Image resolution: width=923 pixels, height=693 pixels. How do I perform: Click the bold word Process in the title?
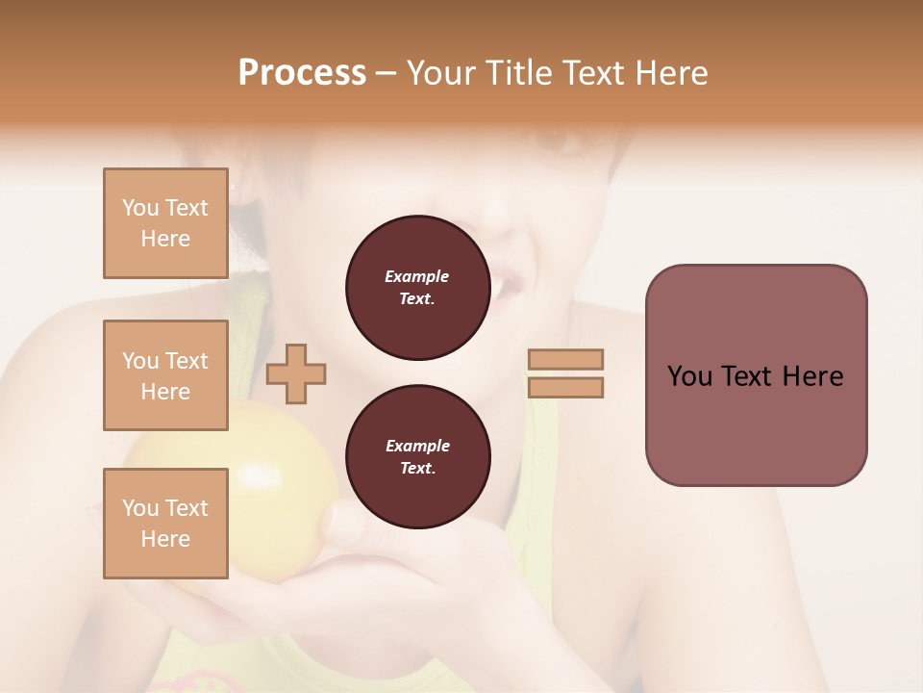[x=302, y=73]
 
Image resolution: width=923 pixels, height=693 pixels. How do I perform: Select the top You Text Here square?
[x=165, y=223]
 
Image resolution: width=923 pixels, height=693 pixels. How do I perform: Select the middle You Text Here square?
[x=165, y=375]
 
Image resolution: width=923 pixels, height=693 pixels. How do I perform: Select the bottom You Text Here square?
[x=165, y=524]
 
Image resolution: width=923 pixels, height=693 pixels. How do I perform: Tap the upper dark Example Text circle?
[x=417, y=288]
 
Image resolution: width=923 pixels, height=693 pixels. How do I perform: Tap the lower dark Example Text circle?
[x=417, y=457]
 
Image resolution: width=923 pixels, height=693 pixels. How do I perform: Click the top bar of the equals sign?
[x=565, y=359]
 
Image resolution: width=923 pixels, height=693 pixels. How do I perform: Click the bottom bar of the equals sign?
[x=565, y=387]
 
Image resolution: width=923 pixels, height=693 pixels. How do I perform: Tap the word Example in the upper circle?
[x=417, y=276]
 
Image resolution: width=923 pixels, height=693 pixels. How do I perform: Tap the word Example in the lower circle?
[x=417, y=446]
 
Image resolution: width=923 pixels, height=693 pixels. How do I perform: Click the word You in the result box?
[x=688, y=376]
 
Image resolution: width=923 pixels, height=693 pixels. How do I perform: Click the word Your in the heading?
[x=441, y=73]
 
